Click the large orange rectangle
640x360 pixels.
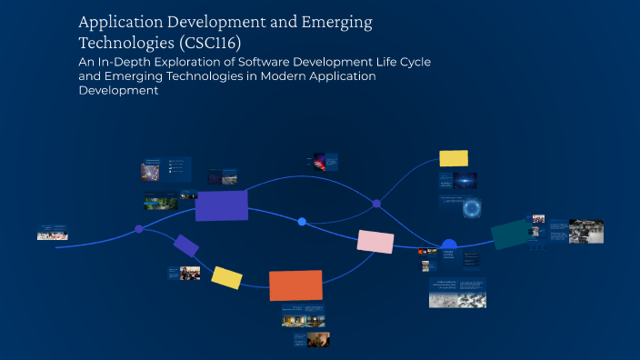point(295,285)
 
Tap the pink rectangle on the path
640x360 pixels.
point(375,241)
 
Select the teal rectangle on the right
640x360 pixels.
point(510,234)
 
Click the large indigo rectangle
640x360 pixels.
point(222,205)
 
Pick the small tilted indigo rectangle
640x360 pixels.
point(186,245)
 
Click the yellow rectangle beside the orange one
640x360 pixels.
point(226,277)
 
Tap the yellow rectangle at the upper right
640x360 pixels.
point(454,158)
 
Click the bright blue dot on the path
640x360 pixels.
point(302,222)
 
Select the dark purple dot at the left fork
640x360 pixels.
point(139,229)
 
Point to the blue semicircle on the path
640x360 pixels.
point(449,244)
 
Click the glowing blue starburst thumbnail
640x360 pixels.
point(472,208)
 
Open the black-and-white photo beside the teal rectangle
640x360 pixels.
point(585,232)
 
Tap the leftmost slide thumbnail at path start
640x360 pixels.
point(52,232)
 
